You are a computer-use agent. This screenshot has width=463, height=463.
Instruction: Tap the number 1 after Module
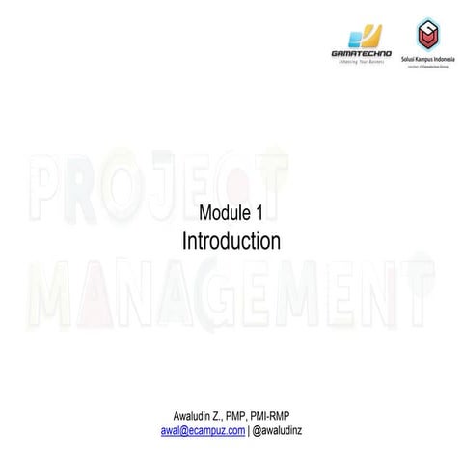coord(259,213)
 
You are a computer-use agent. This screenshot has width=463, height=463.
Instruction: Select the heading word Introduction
coord(231,240)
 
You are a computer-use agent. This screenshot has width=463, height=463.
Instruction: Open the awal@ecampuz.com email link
coord(203,430)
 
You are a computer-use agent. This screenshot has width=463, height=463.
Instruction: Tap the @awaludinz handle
coord(278,430)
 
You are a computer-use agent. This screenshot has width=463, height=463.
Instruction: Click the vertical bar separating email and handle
coord(249,430)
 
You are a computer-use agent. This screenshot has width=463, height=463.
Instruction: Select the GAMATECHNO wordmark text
coord(361,54)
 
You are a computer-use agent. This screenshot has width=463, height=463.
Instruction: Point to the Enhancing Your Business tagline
coord(361,62)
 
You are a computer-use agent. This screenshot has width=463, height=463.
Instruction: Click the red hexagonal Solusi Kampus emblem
coord(426,34)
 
